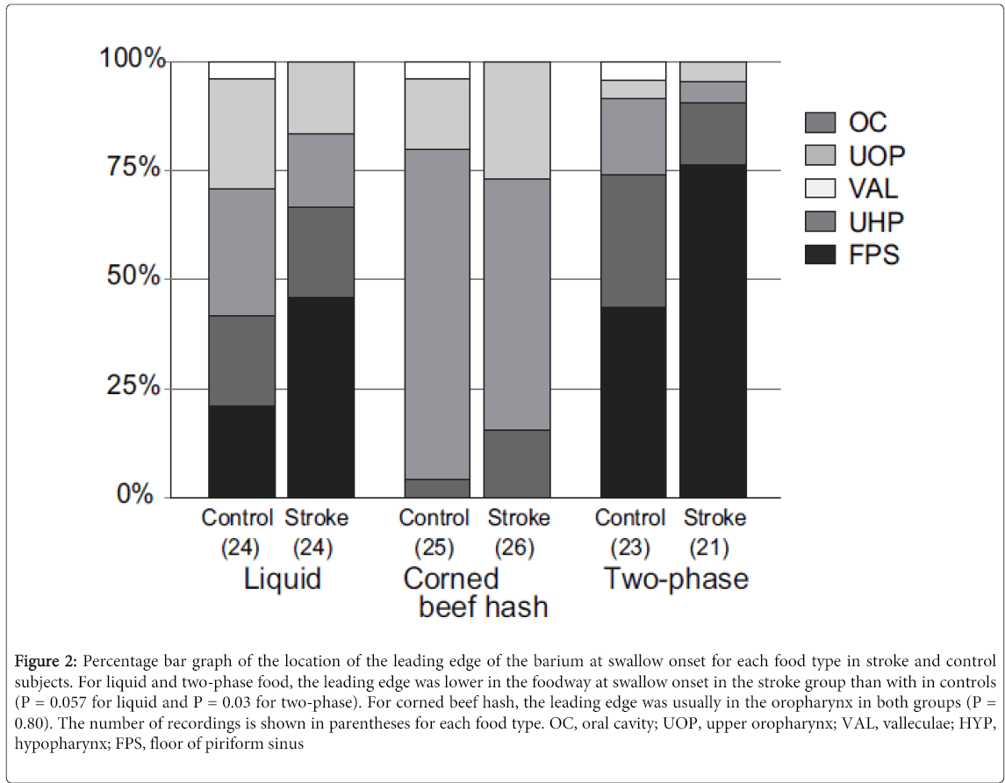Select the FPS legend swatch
(x=821, y=255)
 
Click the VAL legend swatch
(x=821, y=188)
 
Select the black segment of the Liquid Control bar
(x=241, y=451)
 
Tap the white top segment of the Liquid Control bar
(x=241, y=70)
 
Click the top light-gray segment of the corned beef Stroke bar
(x=517, y=120)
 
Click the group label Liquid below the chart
(x=281, y=579)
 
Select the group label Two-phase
(x=676, y=579)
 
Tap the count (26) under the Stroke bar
(x=518, y=548)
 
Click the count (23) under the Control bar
(x=630, y=548)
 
